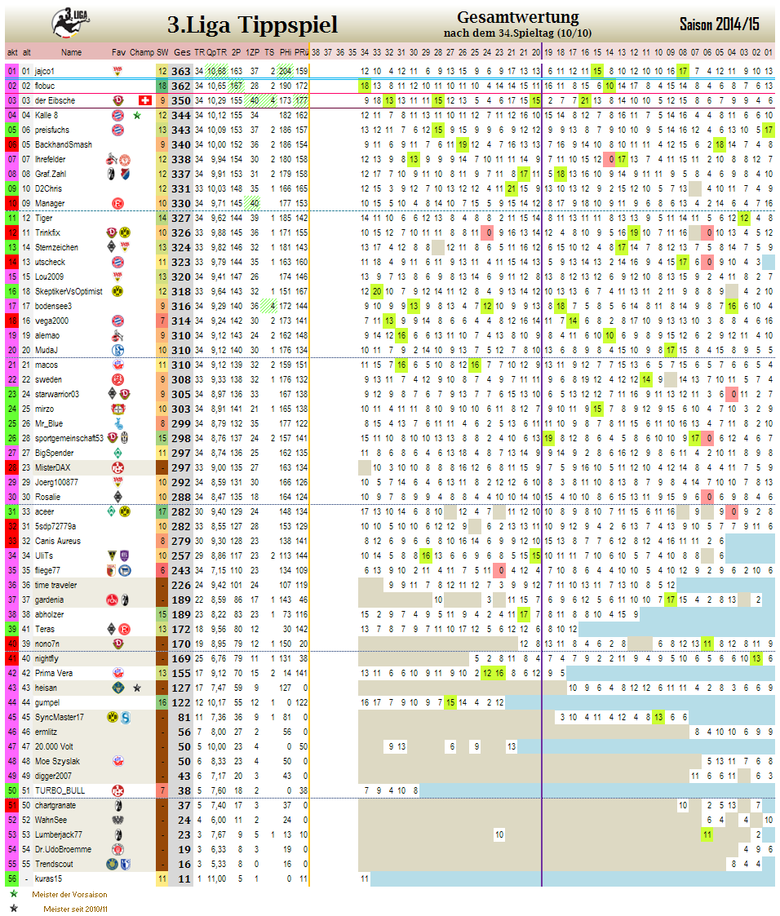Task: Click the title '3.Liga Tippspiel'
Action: tap(252, 25)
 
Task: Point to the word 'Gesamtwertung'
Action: tap(517, 17)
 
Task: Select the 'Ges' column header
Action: tap(182, 52)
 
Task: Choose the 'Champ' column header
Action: tap(142, 52)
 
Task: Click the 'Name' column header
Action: tap(71, 52)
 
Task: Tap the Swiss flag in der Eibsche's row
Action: tap(146, 100)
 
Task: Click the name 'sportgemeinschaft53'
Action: tap(69, 438)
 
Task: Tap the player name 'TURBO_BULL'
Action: tap(60, 790)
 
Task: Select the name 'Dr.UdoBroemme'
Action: tap(63, 849)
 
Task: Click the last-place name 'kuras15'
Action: tap(48, 878)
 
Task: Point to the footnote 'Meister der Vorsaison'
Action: tap(69, 894)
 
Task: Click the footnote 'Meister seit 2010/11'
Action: tap(75, 909)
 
